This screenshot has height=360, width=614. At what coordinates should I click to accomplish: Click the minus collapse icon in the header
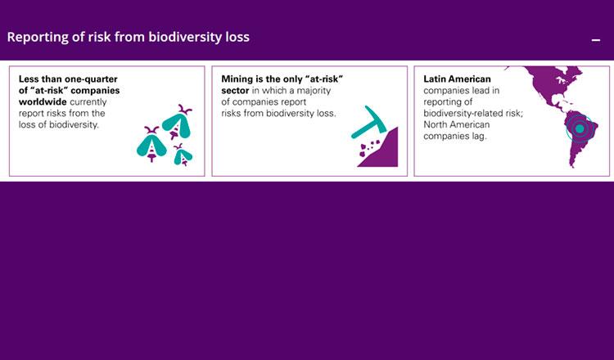596,40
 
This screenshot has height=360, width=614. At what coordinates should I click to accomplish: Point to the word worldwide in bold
43,101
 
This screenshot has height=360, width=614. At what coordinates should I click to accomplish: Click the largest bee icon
177,122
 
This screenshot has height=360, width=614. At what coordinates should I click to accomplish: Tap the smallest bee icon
183,155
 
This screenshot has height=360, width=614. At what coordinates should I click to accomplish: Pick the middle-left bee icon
151,144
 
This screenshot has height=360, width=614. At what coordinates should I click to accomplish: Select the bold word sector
235,91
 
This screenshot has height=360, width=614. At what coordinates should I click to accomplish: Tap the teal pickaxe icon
368,122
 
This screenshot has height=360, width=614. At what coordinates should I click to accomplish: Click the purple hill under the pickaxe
381,151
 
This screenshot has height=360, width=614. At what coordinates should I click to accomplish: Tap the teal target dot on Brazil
580,128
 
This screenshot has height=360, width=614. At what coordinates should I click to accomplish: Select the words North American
457,125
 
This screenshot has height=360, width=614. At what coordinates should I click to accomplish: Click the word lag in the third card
478,137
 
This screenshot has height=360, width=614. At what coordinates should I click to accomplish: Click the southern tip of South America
574,166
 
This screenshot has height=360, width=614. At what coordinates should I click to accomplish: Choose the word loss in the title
239,37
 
